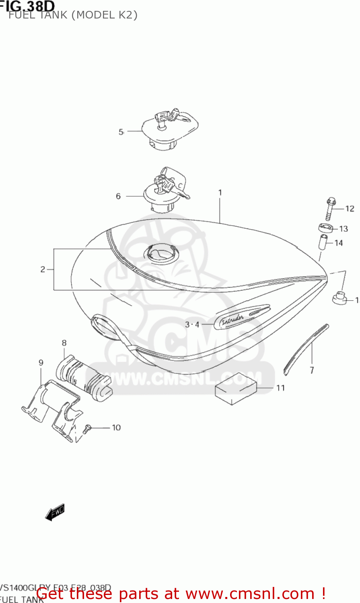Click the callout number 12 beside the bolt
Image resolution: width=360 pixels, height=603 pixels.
pos(350,208)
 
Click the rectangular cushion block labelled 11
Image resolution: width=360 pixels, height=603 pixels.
pos(236,388)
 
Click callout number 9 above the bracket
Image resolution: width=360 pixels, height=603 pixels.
pos(41,363)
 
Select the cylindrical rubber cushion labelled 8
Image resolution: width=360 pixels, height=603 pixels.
pos(84,377)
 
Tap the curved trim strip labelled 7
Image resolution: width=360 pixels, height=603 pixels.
pos(306,348)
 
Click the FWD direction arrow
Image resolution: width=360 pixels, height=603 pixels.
pos(55,512)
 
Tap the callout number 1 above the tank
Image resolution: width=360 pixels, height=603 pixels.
pos(220,193)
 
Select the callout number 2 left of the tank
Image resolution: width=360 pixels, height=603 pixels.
pos(43,269)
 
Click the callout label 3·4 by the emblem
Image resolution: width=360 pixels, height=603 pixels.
pos(192,324)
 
